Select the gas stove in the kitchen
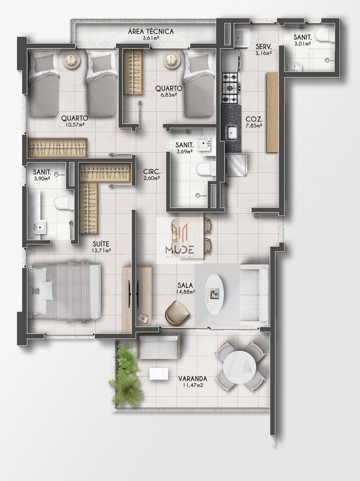(231, 88)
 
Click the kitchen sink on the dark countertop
(231, 132)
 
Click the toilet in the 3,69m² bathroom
(204, 168)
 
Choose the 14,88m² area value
(186, 291)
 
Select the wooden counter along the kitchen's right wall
(272, 112)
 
